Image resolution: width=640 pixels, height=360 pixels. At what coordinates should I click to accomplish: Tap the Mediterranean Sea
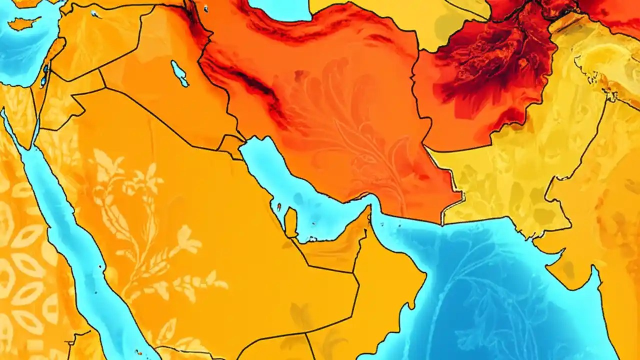[x=20, y=55]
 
